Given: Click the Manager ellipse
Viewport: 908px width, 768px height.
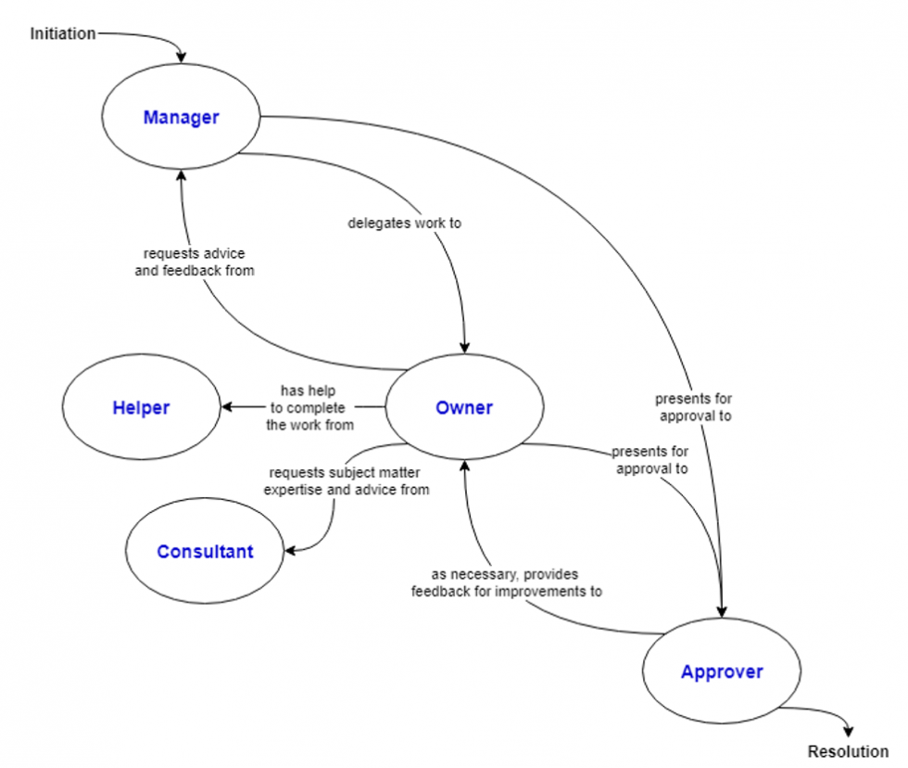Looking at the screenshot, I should [182, 118].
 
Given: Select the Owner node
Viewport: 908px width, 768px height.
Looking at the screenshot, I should [464, 407].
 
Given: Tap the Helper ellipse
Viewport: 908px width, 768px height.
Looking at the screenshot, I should [141, 407].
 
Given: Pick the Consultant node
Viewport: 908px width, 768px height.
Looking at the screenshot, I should [205, 552].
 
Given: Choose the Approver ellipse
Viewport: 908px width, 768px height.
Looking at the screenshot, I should [722, 672].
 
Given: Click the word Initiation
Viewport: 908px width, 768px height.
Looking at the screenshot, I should [62, 34].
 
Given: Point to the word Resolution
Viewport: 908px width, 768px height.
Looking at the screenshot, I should [848, 751].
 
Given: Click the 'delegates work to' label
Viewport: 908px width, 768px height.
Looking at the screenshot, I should [405, 223].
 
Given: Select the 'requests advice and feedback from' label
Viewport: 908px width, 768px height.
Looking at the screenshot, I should [194, 262].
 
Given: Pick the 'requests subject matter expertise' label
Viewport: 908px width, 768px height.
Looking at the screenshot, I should [347, 480].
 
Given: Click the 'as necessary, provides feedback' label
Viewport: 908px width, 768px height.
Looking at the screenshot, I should [506, 582].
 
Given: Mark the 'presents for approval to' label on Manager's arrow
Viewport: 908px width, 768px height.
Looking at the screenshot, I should [694, 407].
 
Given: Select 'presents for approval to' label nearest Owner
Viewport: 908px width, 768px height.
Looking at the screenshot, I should [649, 460].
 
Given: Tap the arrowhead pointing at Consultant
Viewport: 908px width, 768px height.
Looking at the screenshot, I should [290, 551].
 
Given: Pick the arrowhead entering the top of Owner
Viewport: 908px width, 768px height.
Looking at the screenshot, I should [465, 348].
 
